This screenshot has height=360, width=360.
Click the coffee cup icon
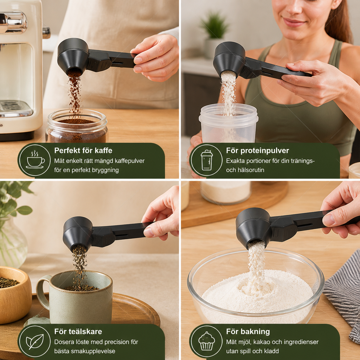(35, 160)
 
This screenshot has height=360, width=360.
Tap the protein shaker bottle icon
(207, 160)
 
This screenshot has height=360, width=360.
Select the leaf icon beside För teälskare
(35, 341)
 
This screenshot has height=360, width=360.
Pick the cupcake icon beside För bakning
(207, 341)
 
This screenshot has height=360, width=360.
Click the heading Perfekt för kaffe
(83, 150)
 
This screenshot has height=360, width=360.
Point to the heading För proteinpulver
(257, 150)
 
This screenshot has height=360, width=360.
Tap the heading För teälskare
(78, 331)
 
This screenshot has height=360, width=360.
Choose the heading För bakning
(248, 332)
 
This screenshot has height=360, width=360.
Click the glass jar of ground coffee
(77, 126)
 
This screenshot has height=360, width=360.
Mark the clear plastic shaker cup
(228, 123)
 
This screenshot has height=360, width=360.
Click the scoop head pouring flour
(254, 227)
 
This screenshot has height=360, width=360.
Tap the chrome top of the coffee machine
(13, 22)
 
